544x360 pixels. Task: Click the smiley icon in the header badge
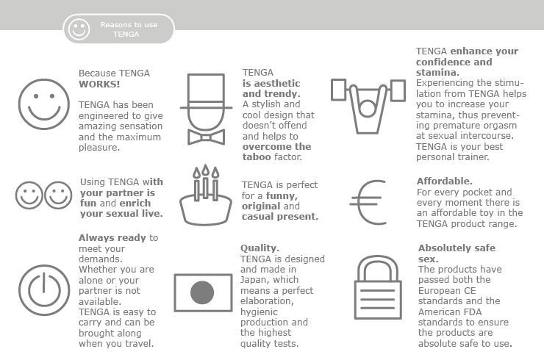tap(78, 29)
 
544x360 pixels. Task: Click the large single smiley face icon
tap(43, 104)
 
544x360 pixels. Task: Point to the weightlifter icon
tap(368, 103)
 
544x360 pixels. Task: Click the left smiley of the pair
tap(29, 196)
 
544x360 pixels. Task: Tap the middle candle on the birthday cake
tap(206, 184)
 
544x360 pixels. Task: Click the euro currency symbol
tap(367, 202)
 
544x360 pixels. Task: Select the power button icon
tap(43, 289)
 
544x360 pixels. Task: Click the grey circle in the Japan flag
tap(202, 293)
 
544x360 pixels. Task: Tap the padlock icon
tap(377, 288)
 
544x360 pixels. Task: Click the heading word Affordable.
tap(445, 181)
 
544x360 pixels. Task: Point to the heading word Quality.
tap(260, 248)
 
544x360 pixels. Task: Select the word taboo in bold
tap(257, 157)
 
